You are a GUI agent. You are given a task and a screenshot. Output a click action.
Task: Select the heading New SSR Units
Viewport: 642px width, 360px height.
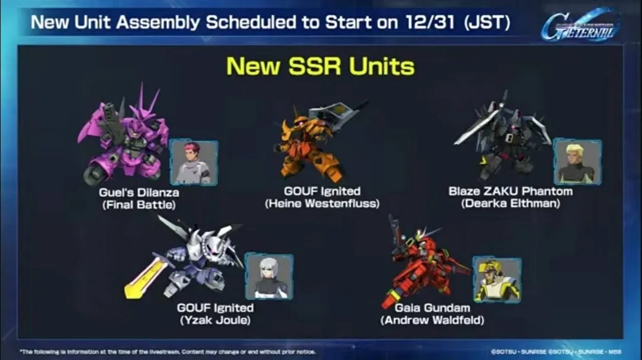click(x=321, y=66)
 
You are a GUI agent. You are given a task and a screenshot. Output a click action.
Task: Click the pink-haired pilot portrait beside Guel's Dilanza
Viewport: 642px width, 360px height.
click(x=194, y=162)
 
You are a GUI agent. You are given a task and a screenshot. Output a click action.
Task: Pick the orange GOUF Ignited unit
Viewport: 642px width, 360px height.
click(x=309, y=143)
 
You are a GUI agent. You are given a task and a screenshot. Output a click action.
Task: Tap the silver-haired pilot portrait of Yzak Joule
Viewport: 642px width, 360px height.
click(x=269, y=276)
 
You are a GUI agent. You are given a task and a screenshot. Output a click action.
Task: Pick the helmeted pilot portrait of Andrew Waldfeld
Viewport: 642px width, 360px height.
click(x=497, y=280)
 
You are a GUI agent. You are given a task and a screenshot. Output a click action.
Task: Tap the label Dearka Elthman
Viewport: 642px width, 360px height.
click(x=510, y=204)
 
